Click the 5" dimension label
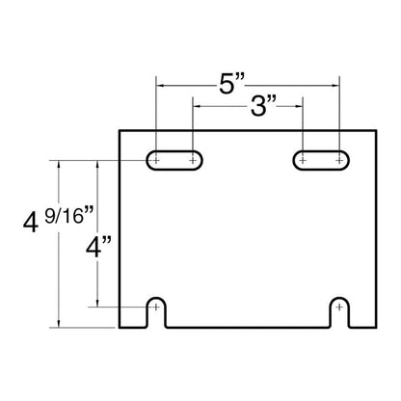[x=231, y=84]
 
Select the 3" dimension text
[x=263, y=106]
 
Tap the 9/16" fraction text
[x=68, y=215]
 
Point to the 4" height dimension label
[x=98, y=247]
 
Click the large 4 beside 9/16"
[x=31, y=223]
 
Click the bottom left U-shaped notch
[x=156, y=299]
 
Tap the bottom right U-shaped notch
[x=339, y=299]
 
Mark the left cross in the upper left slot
[x=156, y=160]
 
